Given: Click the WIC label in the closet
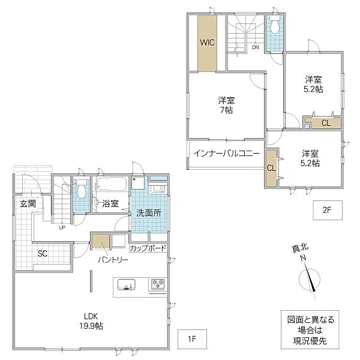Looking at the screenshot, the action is point(207,43).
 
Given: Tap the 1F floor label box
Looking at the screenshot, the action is point(192,339).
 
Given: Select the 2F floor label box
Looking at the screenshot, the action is point(328,210).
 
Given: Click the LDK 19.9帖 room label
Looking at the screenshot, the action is point(91,321).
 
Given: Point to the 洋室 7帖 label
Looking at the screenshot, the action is point(226,105).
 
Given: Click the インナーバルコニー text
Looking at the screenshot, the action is point(226,154).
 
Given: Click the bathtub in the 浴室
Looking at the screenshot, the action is point(112,184).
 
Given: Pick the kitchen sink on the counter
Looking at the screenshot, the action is point(126,284).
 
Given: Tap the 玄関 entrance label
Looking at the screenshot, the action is point(28,203).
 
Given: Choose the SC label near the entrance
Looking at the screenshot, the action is point(43,254).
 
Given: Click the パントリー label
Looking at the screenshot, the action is point(113,260).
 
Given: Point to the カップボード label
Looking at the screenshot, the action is point(148,248).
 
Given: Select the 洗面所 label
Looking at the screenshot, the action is point(149,213).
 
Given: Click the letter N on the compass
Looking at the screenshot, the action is point(304,258).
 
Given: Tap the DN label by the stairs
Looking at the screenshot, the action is point(256,47).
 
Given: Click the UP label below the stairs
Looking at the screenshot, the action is point(62,228).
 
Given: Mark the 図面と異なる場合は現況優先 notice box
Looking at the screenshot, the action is point(310,330).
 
